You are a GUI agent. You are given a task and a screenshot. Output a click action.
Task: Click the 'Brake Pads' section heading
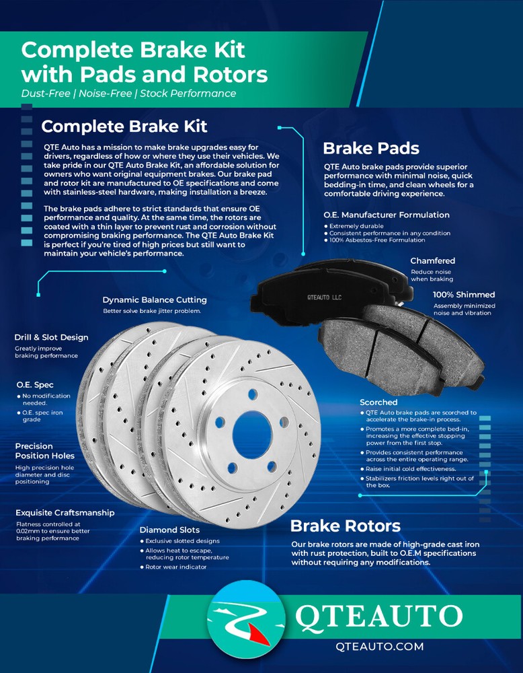pyautogui.click(x=371, y=149)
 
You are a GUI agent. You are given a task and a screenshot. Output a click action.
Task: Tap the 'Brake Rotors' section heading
pyautogui.click(x=345, y=526)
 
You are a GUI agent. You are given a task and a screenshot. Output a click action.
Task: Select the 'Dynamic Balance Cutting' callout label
pyautogui.click(x=155, y=299)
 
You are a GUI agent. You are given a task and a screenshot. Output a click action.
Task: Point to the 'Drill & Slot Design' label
pyautogui.click(x=51, y=337)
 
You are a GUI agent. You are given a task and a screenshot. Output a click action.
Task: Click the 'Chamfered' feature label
pyautogui.click(x=433, y=260)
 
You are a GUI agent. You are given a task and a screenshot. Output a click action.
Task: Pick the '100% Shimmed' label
pyautogui.click(x=464, y=295)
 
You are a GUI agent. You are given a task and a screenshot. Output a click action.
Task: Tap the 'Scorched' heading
pyautogui.click(x=378, y=402)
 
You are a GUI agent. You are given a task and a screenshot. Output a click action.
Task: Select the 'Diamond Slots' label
pyautogui.click(x=169, y=530)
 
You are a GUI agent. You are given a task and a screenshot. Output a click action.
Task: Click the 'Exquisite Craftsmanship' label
pyautogui.click(x=65, y=512)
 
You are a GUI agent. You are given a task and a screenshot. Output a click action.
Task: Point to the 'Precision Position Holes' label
pyautogui.click(x=44, y=451)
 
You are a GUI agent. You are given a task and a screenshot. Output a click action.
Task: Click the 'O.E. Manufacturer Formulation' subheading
pyautogui.click(x=387, y=215)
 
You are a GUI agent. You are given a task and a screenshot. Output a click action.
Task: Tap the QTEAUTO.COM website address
pyautogui.click(x=380, y=647)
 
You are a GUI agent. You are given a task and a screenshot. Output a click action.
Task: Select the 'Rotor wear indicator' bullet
pyautogui.click(x=176, y=567)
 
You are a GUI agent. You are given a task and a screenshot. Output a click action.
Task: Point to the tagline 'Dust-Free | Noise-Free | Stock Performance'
pyautogui.click(x=128, y=94)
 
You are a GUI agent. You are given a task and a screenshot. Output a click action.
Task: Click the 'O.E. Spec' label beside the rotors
pyautogui.click(x=36, y=384)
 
